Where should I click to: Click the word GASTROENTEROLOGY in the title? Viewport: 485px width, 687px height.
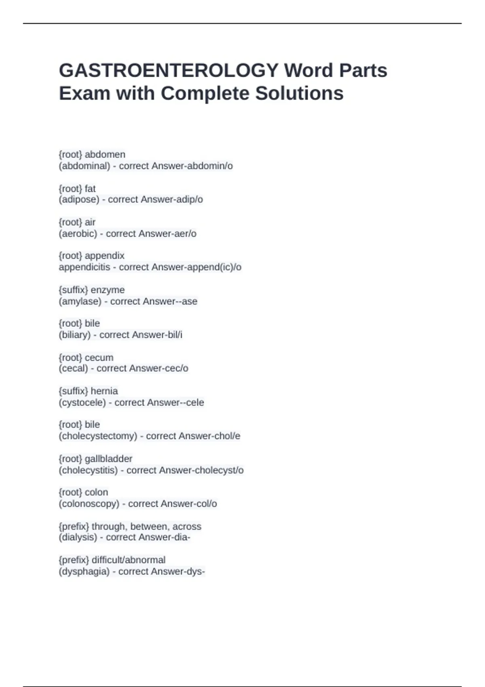pyautogui.click(x=169, y=70)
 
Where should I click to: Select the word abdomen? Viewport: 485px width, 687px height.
pyautogui.click(x=105, y=154)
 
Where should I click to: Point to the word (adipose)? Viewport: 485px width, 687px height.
pyautogui.click(x=79, y=199)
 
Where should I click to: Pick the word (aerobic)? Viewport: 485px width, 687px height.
pyautogui.click(x=78, y=234)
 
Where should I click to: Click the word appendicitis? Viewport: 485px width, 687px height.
pyautogui.click(x=84, y=267)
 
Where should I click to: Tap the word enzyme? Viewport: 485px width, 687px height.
pyautogui.click(x=108, y=290)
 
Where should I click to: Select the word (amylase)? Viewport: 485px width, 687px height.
pyautogui.click(x=80, y=301)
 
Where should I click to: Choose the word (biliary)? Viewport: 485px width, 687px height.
pyautogui.click(x=75, y=335)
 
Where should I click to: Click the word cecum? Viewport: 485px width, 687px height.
pyautogui.click(x=99, y=358)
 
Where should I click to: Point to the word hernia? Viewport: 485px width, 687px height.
pyautogui.click(x=104, y=391)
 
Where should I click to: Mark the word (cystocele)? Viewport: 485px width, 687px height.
pyautogui.click(x=82, y=403)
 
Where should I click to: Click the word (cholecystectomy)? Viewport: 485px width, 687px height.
pyautogui.click(x=98, y=436)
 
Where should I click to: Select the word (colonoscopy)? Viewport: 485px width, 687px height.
pyautogui.click(x=89, y=504)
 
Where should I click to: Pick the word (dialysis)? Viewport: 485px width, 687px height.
pyautogui.click(x=78, y=537)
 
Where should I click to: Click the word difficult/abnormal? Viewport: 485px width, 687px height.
pyautogui.click(x=129, y=560)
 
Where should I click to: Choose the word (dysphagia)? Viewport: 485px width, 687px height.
pyautogui.click(x=84, y=571)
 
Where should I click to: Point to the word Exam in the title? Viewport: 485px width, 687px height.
pyautogui.click(x=84, y=93)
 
